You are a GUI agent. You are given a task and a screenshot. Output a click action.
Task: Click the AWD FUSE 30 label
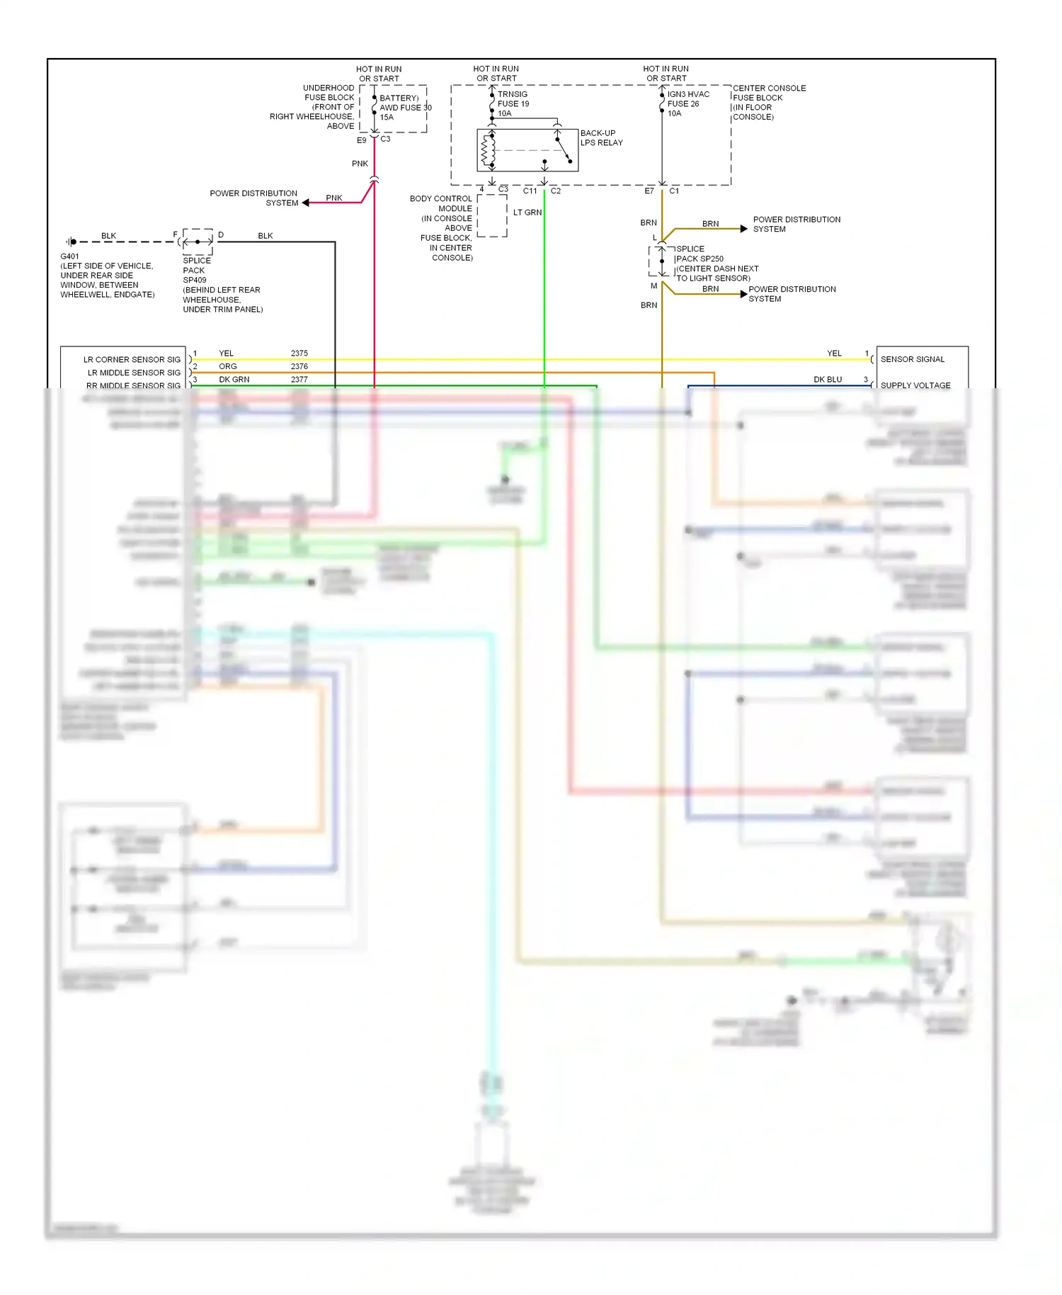[x=405, y=108]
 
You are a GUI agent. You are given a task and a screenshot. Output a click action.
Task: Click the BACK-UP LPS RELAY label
[x=601, y=137]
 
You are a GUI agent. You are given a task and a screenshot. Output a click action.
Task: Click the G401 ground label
[x=69, y=256]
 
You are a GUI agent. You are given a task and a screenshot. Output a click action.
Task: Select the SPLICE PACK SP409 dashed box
[x=198, y=242]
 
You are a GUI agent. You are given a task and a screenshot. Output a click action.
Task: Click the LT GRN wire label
[x=527, y=213]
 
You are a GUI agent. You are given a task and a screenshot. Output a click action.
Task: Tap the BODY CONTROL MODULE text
[x=442, y=203]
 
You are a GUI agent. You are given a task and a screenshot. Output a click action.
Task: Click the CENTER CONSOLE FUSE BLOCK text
[x=768, y=93]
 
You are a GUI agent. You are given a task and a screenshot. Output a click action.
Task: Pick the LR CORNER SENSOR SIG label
[x=132, y=359]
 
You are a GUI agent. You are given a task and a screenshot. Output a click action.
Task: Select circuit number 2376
[x=299, y=366]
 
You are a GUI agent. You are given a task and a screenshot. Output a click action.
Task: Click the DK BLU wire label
[x=827, y=379]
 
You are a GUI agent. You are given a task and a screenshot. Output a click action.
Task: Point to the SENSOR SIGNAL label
[x=912, y=359]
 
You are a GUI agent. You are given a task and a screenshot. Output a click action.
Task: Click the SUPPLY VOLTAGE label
[x=915, y=385]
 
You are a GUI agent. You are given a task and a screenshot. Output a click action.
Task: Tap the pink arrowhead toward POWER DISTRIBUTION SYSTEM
[x=306, y=203]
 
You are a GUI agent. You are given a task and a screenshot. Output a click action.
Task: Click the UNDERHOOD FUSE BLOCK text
[x=329, y=93]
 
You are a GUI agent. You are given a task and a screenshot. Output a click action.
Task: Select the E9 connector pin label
[x=361, y=140]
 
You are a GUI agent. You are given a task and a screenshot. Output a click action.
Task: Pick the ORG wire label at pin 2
[x=227, y=366]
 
